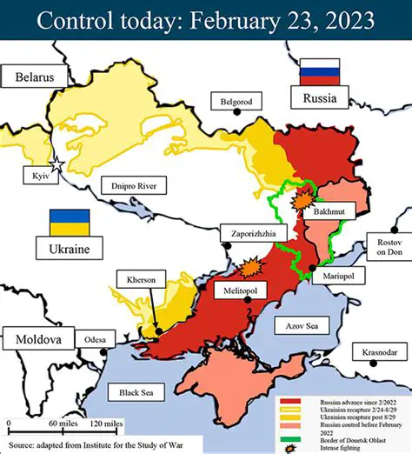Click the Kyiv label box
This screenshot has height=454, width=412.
pyautogui.click(x=40, y=176)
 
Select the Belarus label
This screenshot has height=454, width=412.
pyautogui.click(x=40, y=77)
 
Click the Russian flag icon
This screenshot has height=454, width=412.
pyautogui.click(x=312, y=71)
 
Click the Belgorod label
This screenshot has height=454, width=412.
pyautogui.click(x=236, y=101)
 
